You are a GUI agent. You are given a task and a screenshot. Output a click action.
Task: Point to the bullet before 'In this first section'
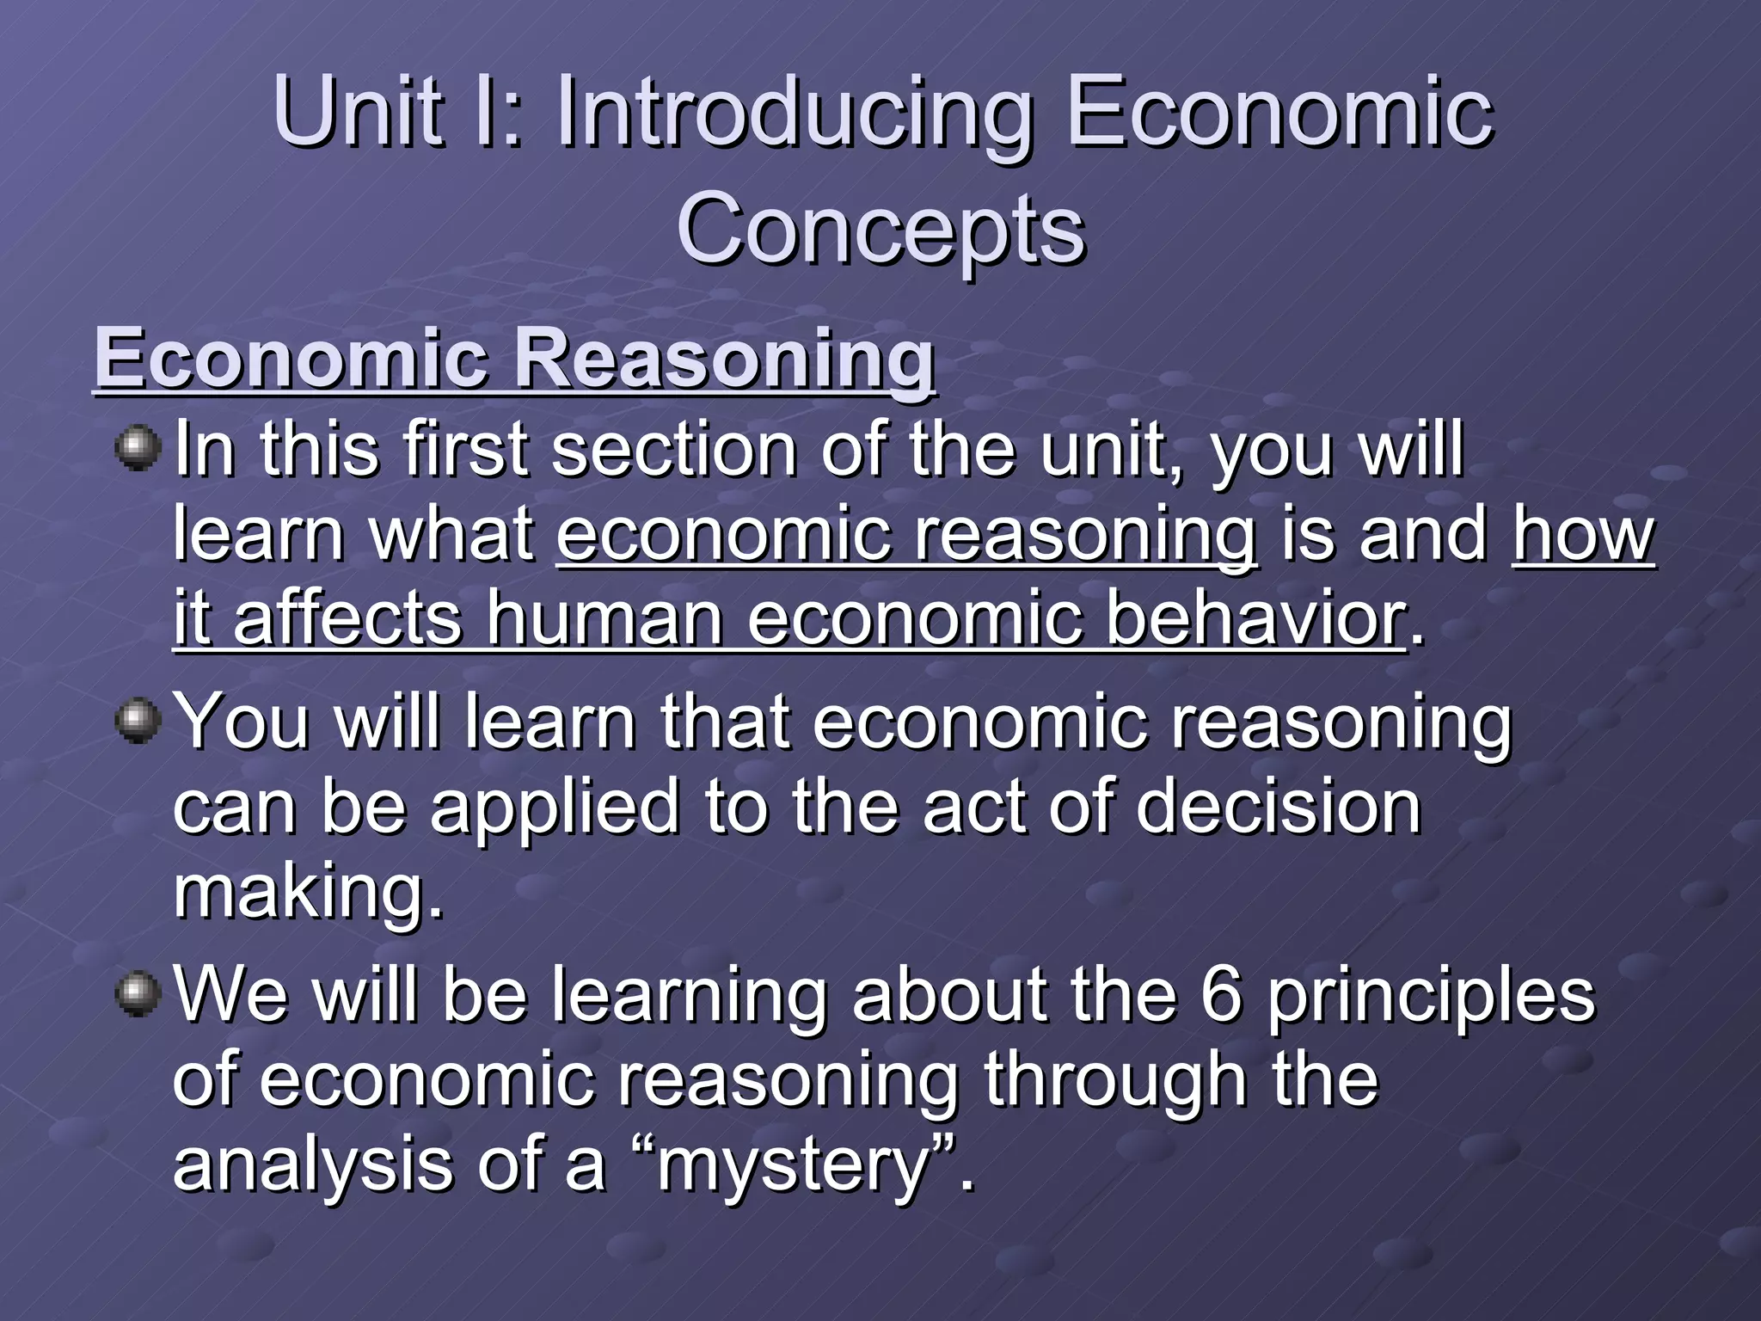138,449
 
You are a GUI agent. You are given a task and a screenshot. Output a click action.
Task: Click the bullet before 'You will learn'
138,721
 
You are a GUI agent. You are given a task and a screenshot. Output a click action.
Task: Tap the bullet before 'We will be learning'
138,994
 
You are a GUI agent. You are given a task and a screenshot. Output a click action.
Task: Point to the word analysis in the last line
311,1166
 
